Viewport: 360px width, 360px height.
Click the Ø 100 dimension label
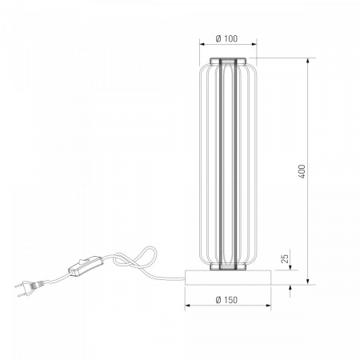click(x=226, y=38)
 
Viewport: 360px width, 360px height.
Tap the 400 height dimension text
click(x=302, y=171)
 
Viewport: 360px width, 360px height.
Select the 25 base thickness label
click(x=285, y=258)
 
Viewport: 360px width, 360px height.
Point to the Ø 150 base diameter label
click(x=226, y=300)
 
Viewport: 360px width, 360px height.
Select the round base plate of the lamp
click(x=228, y=278)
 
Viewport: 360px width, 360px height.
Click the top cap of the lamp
click(x=228, y=61)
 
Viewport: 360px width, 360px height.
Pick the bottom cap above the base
click(x=228, y=266)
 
